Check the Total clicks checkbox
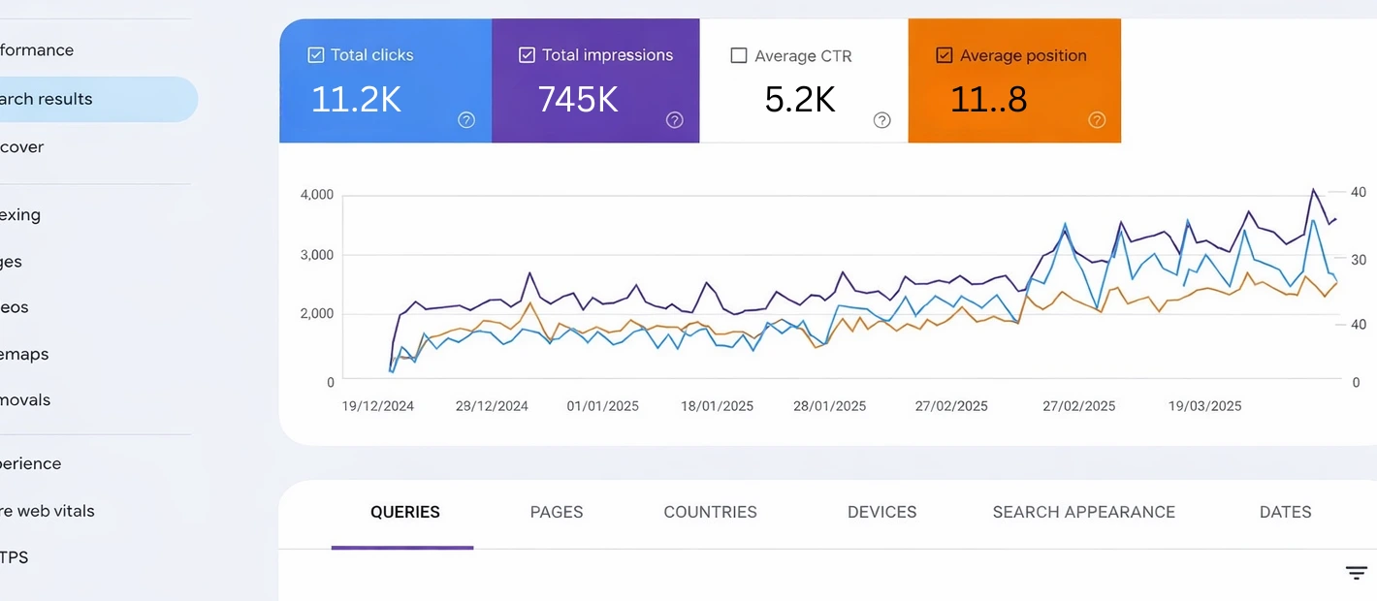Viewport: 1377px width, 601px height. pos(316,55)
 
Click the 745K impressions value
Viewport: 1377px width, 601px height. pos(578,99)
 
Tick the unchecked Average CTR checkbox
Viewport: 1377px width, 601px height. pos(739,55)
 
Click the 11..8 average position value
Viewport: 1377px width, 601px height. pos(988,99)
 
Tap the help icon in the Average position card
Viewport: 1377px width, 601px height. pos(1097,120)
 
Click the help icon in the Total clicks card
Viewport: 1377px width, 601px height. pos(466,120)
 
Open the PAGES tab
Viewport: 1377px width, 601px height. pos(557,512)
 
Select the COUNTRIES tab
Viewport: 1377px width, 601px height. pos(710,512)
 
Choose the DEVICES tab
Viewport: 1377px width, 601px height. pos(881,512)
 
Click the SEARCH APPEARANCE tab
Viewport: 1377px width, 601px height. pos(1083,512)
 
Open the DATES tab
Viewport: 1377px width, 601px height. pos(1285,512)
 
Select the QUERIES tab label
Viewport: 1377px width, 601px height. pos(404,512)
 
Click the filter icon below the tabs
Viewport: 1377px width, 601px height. pos(1356,573)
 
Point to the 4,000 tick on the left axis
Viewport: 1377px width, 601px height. pos(317,195)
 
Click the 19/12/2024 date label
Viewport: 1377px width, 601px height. pos(377,406)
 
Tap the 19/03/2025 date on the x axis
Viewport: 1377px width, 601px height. pos(1204,406)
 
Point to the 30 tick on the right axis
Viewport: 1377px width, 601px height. pos(1358,260)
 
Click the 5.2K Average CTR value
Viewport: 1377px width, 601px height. pos(800,99)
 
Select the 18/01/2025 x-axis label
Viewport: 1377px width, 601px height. pos(717,406)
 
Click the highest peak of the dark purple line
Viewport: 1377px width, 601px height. pos(1313,190)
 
